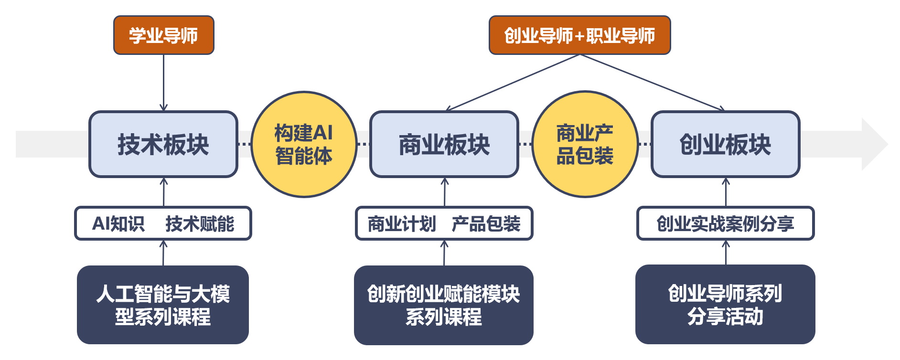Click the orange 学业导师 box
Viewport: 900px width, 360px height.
(163, 35)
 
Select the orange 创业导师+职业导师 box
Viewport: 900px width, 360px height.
(579, 35)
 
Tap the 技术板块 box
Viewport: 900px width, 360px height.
(163, 144)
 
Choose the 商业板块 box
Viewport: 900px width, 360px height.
(444, 144)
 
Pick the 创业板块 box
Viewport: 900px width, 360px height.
(725, 144)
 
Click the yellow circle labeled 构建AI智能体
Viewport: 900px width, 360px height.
(304, 144)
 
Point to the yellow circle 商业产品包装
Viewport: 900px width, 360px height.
(585, 144)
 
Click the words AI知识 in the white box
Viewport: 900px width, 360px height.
(118, 223)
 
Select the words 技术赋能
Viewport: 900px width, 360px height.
(200, 223)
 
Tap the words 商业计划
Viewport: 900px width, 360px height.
(402, 223)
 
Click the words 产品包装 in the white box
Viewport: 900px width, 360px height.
(486, 223)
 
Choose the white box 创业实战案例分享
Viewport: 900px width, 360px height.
(725, 223)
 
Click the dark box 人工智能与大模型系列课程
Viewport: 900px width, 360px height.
(163, 305)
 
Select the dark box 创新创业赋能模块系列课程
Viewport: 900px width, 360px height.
(443, 305)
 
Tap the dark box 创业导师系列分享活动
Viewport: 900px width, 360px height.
(725, 305)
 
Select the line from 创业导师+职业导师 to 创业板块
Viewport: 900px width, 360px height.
(652, 82)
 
